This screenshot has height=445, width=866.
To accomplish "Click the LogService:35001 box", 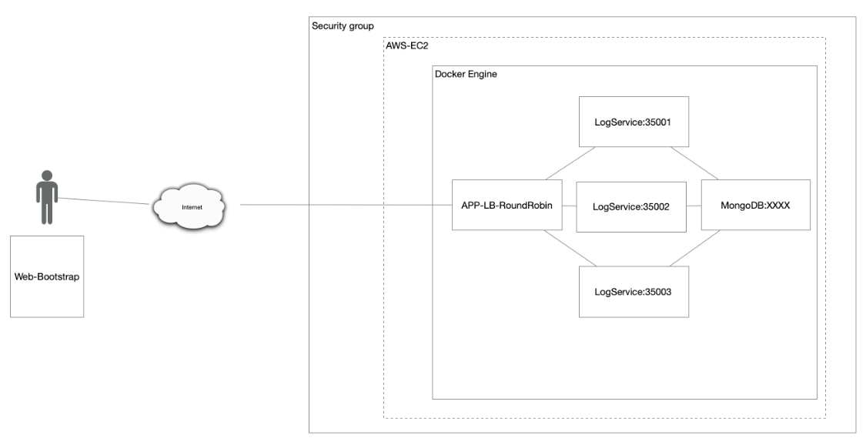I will [x=633, y=122].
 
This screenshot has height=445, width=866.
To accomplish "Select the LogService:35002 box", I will [x=630, y=206].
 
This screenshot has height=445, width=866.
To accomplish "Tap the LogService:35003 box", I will [x=633, y=292].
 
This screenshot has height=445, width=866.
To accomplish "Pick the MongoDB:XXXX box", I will [x=755, y=205].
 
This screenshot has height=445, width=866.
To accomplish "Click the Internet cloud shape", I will [x=189, y=206].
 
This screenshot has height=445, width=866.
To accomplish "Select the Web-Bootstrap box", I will [x=47, y=276].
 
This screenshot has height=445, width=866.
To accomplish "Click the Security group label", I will [x=343, y=26].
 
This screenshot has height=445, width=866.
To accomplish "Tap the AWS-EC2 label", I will [x=406, y=47].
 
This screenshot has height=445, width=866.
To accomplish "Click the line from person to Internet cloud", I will [x=104, y=201].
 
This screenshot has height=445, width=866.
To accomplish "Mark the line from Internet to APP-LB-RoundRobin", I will [x=346, y=206].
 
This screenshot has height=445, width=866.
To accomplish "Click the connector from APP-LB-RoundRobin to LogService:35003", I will [x=568, y=248].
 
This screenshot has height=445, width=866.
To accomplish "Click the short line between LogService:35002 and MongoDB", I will [x=693, y=206].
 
